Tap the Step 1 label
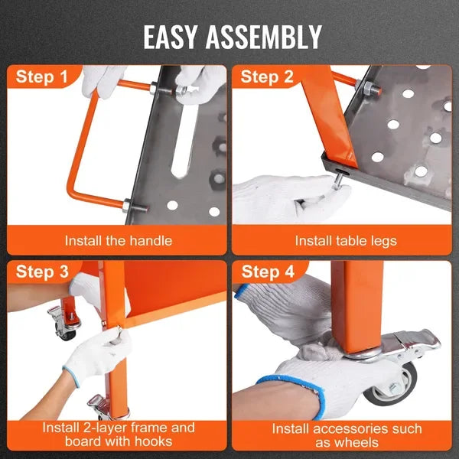tap(41, 76)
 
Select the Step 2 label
tap(268, 76)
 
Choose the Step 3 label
tap(41, 272)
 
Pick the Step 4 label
tap(268, 272)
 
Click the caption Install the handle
tap(118, 240)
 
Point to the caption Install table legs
tap(346, 240)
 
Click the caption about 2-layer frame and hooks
tap(118, 435)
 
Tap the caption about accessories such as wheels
tap(346, 435)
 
